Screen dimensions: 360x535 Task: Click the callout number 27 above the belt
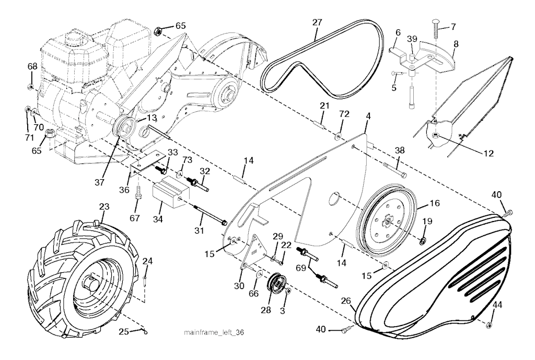(x=317, y=23)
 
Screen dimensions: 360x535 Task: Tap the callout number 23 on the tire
(x=105, y=207)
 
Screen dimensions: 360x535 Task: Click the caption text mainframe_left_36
(x=214, y=332)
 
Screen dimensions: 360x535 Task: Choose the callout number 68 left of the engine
(x=32, y=67)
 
